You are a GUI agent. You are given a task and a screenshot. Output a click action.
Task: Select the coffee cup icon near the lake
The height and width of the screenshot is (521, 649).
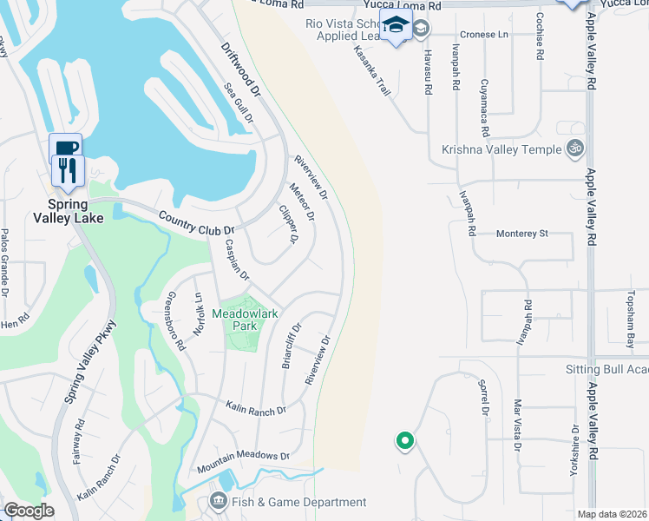pos(65,146)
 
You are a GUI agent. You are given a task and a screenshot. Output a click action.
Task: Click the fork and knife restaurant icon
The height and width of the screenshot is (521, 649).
pos(65,168)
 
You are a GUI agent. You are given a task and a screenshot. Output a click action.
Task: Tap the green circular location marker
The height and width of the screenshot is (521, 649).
pos(404,441)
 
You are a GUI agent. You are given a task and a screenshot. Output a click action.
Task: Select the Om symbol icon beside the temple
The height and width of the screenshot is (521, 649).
pos(574,149)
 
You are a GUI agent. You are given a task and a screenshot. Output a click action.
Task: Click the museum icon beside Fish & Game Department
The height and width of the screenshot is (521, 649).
pos(218,501)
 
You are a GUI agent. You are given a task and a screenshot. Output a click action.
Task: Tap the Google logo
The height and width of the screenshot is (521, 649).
pos(28,511)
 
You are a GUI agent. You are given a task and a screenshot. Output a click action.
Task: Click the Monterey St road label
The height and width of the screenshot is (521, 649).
pos(522,234)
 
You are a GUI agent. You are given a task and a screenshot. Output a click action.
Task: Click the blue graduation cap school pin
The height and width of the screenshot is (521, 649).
pos(396,27)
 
